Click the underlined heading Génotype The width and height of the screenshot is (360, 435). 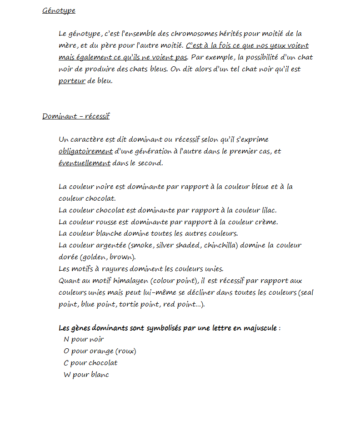pyautogui.click(x=59, y=10)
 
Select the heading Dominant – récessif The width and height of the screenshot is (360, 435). pyautogui.click(x=76, y=116)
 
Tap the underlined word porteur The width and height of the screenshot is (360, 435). pyautogui.click(x=72, y=81)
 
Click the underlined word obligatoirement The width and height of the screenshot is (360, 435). pyautogui.click(x=85, y=151)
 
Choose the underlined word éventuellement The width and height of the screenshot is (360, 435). pyautogui.click(x=85, y=163)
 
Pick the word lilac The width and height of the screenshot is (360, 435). pyautogui.click(x=268, y=210)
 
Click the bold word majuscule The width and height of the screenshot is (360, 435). pyautogui.click(x=260, y=328)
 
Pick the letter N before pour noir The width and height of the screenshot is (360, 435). pyautogui.click(x=66, y=340)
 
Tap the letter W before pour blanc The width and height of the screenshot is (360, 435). pyautogui.click(x=67, y=375)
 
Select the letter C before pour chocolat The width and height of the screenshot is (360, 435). pyautogui.click(x=66, y=363)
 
